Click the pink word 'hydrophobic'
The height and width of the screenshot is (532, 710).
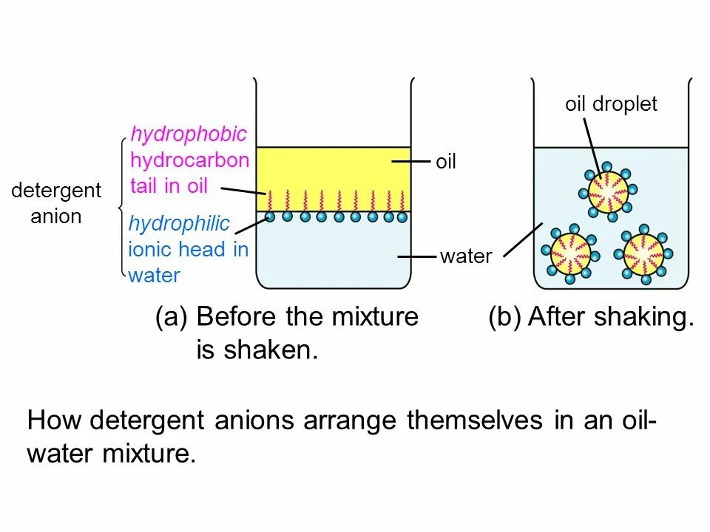[x=188, y=134]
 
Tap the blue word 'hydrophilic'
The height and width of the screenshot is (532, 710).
[x=179, y=224]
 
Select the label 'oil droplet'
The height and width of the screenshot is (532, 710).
[x=611, y=104]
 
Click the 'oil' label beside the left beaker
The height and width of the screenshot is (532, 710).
[x=445, y=162]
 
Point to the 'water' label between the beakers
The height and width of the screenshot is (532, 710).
[x=466, y=257]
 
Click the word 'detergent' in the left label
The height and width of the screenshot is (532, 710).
[x=56, y=191]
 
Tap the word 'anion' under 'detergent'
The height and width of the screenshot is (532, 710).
[x=56, y=216]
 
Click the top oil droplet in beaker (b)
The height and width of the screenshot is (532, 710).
[x=606, y=189]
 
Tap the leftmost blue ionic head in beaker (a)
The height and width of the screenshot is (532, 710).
[x=270, y=217]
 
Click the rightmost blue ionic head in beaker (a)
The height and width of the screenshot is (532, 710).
[x=402, y=217]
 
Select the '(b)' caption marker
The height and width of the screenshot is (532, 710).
[x=504, y=318]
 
